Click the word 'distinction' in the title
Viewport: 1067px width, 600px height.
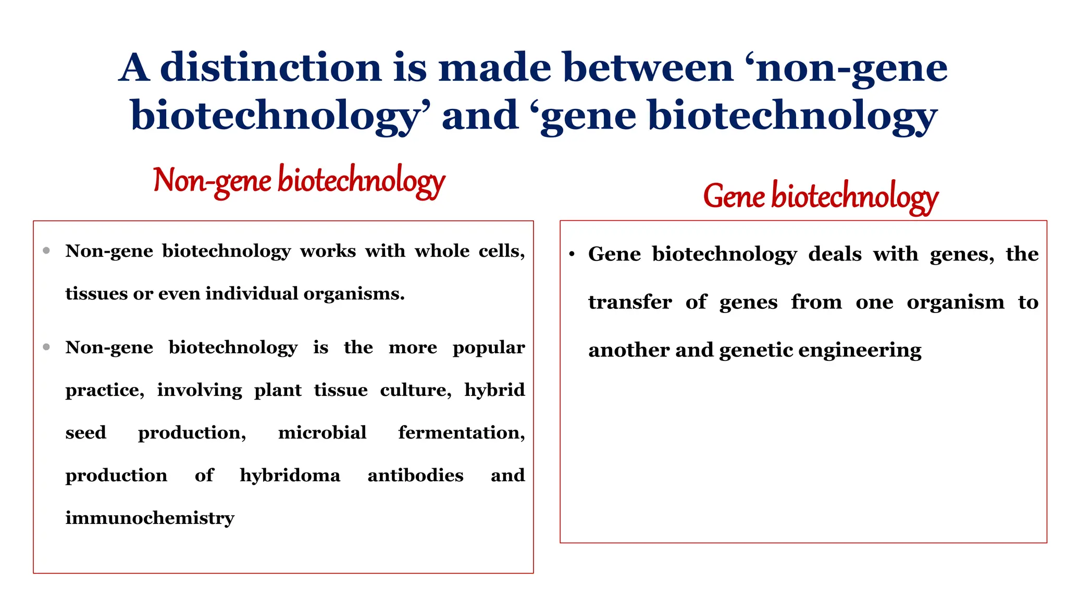tap(270, 68)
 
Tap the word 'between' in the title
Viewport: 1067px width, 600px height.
tap(648, 68)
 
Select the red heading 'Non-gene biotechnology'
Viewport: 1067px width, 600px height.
tap(299, 181)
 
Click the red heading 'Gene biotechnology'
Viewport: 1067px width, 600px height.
tap(820, 197)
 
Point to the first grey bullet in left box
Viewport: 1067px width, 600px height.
tap(46, 251)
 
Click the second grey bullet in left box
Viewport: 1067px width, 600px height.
tap(46, 347)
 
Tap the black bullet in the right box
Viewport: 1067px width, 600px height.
tap(572, 254)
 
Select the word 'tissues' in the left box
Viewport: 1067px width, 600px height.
tap(96, 294)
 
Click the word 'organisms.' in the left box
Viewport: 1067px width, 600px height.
tap(354, 294)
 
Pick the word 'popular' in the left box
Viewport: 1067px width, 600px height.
tap(488, 347)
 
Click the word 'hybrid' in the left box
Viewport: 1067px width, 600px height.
tap(494, 390)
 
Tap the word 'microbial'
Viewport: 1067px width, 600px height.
tap(322, 433)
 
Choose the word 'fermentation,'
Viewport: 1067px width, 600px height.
tap(462, 433)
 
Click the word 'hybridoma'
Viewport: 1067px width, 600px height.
tap(290, 476)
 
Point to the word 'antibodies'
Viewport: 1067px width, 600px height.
tap(415, 476)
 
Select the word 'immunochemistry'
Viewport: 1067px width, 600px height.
tap(150, 518)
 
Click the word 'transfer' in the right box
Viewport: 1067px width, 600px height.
tap(630, 302)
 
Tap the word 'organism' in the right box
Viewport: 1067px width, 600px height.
tap(955, 302)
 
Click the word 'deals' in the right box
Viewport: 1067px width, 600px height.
tap(835, 254)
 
